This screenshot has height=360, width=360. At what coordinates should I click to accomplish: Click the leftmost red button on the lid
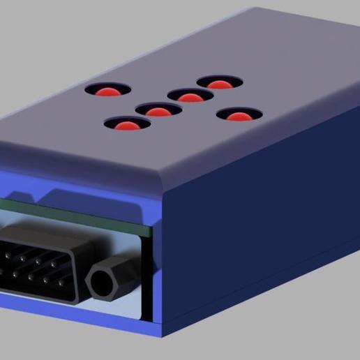[107, 91]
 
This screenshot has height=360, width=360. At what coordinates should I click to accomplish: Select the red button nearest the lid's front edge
[127, 126]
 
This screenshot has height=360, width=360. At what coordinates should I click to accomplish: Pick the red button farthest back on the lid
[219, 84]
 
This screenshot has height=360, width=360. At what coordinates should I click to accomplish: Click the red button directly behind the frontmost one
[158, 111]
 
